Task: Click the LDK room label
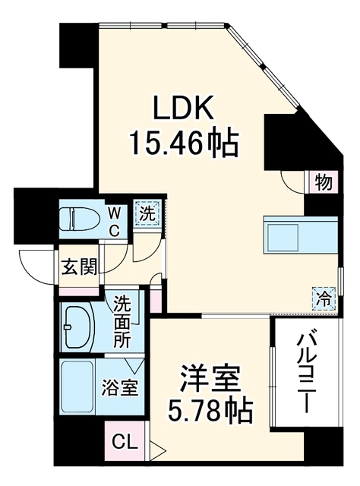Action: tap(184, 108)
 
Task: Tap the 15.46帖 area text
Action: tap(185, 144)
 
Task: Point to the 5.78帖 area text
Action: tap(210, 411)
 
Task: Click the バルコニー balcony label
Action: tap(306, 374)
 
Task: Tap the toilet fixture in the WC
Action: tap(80, 219)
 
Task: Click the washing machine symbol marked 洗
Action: tap(147, 215)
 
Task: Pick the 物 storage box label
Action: tap(324, 183)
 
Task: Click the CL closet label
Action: tap(125, 442)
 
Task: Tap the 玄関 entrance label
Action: tap(79, 267)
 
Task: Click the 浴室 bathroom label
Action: tap(120, 387)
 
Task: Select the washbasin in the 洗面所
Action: tap(79, 327)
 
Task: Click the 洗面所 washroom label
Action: tap(122, 321)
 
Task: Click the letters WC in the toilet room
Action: tap(114, 222)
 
